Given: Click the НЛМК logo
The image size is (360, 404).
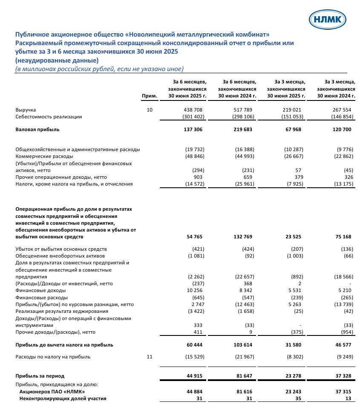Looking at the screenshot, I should point(327,19).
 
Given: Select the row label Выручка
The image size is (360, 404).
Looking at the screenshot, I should point(26,110).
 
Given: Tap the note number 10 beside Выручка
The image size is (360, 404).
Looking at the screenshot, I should point(149,110).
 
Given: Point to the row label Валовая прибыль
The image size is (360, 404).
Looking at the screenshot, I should point(37,129).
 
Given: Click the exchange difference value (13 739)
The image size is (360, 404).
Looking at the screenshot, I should point(342,304).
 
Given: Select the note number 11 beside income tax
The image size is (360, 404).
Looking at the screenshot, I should point(149,357).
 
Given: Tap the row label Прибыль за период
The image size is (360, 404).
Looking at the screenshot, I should point(40,376).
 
